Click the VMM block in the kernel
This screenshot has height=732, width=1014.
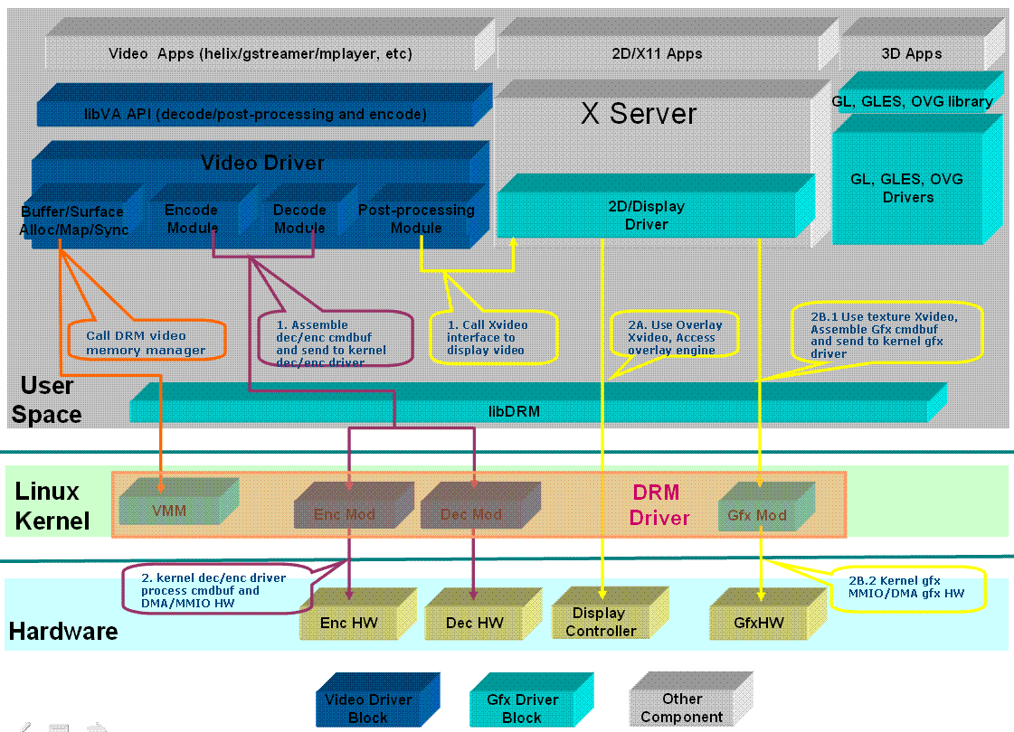[170, 511]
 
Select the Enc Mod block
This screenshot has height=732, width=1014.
[344, 514]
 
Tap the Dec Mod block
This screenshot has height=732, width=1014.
[470, 514]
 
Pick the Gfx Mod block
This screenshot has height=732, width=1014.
[757, 515]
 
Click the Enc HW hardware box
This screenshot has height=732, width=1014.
[349, 623]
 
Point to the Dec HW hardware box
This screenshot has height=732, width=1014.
[475, 623]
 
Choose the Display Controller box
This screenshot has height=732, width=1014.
[601, 622]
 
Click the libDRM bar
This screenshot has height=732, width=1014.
[528, 410]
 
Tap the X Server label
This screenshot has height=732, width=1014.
[639, 114]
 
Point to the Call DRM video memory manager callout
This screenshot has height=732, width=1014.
[146, 343]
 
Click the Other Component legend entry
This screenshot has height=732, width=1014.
[681, 708]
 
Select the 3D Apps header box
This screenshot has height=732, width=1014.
[912, 53]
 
